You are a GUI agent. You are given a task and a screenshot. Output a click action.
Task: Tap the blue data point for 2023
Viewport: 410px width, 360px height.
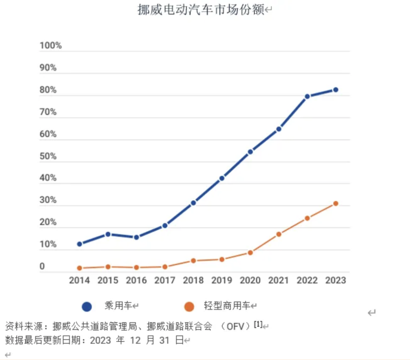[336, 90]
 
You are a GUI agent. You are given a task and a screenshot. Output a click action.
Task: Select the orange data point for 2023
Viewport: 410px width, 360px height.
[336, 204]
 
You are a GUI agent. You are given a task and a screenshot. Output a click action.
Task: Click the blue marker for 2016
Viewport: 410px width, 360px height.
[136, 237]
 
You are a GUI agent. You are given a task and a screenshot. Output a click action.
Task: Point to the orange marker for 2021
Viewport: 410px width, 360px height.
[279, 234]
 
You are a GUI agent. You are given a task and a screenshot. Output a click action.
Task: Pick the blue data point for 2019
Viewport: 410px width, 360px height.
[222, 178]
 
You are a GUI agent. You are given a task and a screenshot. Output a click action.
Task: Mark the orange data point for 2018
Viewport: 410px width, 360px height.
[193, 261]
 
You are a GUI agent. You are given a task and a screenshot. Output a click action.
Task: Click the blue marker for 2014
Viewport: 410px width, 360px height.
[79, 244]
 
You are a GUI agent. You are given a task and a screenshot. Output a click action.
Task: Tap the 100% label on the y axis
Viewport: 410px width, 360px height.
[50, 46]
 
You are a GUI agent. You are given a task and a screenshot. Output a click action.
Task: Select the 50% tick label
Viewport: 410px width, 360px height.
[48, 156]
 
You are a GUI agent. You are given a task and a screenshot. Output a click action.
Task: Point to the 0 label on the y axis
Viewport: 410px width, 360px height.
[42, 267]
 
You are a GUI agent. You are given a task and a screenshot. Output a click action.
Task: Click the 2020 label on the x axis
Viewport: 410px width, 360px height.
[250, 280]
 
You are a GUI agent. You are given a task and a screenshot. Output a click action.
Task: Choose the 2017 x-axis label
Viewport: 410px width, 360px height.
[165, 280]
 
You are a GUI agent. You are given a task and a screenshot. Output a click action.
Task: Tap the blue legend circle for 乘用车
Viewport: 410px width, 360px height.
[87, 307]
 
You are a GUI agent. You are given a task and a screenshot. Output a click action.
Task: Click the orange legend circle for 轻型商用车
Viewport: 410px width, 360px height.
[189, 307]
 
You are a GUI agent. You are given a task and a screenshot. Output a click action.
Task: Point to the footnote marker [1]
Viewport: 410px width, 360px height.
[258, 324]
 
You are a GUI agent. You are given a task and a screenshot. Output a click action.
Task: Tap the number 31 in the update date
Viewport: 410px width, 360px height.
[164, 340]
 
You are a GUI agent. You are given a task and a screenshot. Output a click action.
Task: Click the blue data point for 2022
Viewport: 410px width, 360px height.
[307, 97]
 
